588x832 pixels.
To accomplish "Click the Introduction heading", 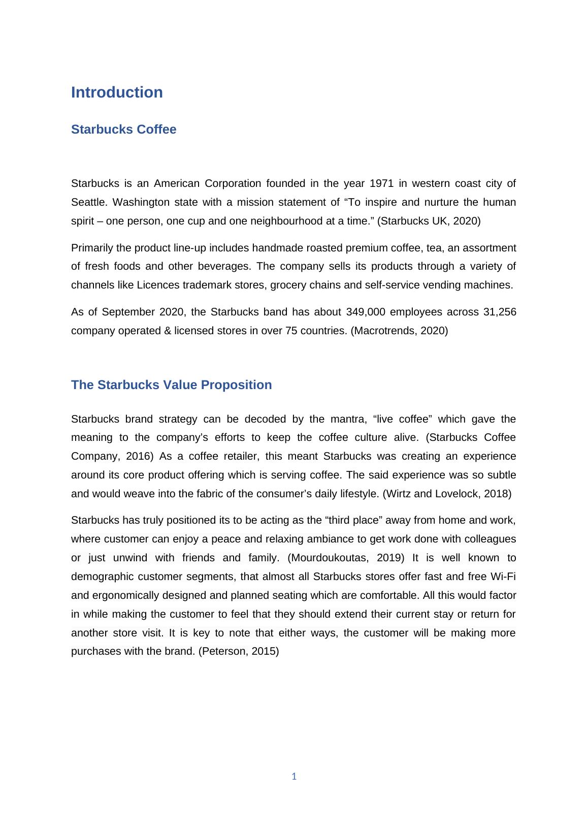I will [117, 92].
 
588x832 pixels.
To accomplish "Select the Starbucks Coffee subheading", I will [123, 130].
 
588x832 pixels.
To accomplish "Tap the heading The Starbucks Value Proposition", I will [171, 385].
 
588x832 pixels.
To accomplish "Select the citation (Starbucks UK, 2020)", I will [429, 221].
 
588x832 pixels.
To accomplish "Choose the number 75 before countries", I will [291, 331].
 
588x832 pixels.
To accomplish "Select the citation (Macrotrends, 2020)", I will [399, 331].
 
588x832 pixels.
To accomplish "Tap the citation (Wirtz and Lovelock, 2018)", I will [447, 494].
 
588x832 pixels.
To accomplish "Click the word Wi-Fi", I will [503, 577].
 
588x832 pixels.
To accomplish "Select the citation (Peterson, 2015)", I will [238, 651].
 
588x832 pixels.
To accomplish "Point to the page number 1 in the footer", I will [294, 776].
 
